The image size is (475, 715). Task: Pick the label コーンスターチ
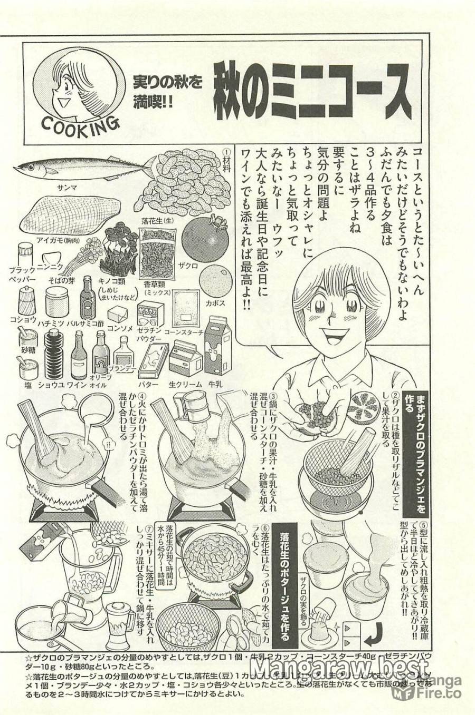184,332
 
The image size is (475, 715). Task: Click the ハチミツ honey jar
55,303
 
